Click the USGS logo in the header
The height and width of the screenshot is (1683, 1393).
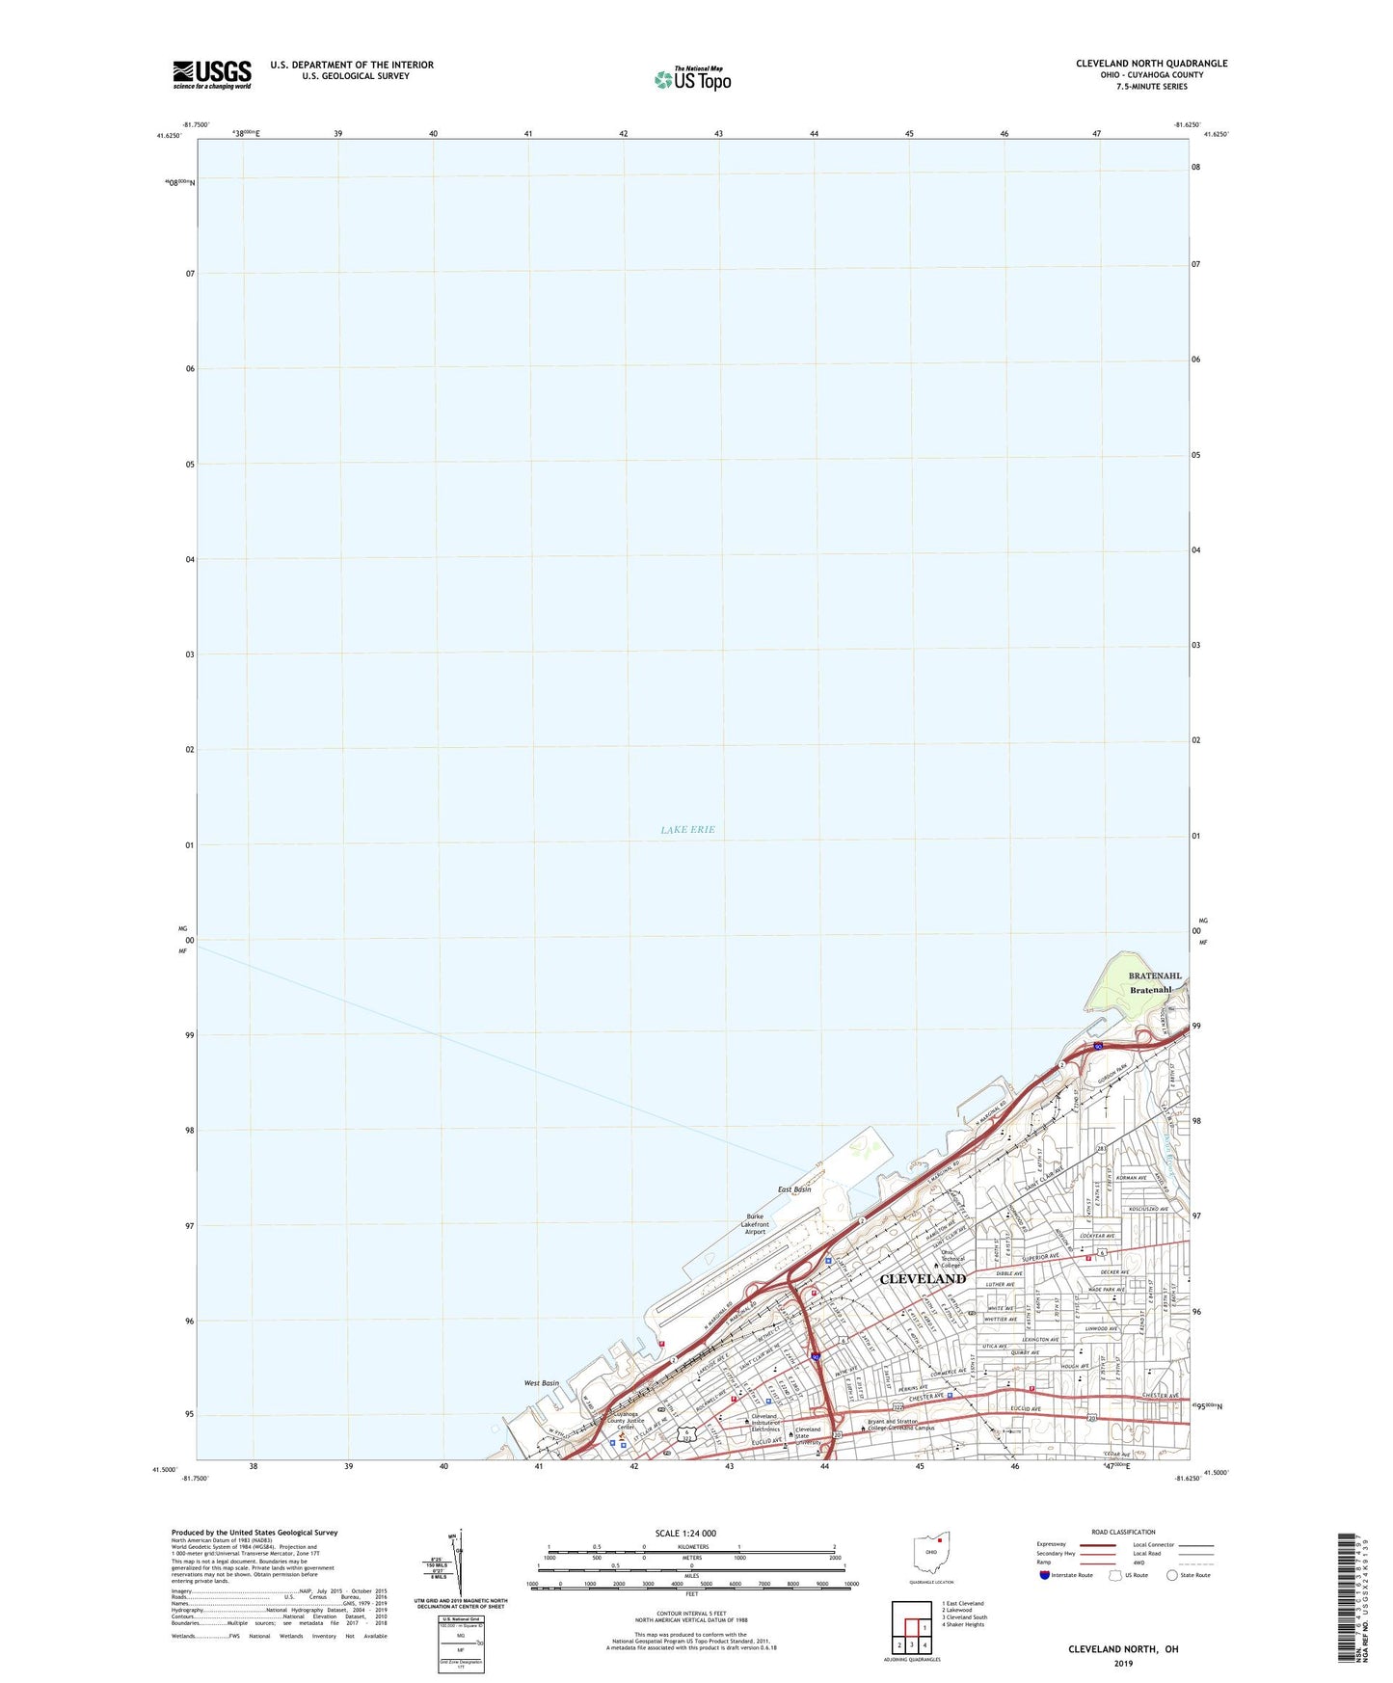point(212,73)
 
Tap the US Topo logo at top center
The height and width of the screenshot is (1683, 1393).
point(691,78)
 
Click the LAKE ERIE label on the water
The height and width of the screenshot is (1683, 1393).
point(687,829)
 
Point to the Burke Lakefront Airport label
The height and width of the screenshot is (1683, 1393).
point(755,1223)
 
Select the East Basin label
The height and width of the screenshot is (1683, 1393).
point(794,1189)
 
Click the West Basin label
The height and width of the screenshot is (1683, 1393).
point(541,1383)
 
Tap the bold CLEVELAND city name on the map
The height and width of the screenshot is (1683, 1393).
point(923,1278)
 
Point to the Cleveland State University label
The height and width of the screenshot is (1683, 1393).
point(808,1435)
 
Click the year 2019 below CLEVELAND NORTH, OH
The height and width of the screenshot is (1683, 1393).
point(1123,1663)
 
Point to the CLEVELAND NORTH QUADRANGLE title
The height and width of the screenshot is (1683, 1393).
point(1152,64)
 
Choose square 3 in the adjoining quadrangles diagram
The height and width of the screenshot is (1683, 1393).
point(911,1644)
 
